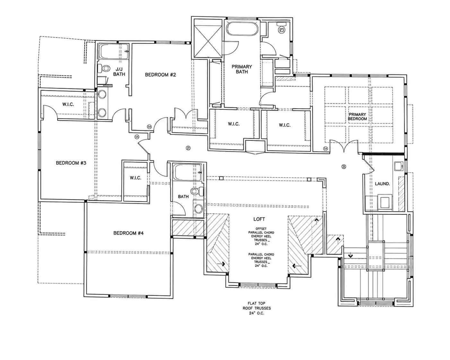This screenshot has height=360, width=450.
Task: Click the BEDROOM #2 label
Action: pyautogui.click(x=160, y=75)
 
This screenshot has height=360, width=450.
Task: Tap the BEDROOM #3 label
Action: pyautogui.click(x=71, y=163)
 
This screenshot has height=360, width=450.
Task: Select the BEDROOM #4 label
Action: pyautogui.click(x=128, y=233)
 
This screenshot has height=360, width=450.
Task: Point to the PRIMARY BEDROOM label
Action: pyautogui.click(x=357, y=117)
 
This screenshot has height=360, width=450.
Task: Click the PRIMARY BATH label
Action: pyautogui.click(x=242, y=69)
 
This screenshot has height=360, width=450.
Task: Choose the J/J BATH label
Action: pyautogui.click(x=119, y=72)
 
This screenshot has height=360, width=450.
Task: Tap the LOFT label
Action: pyautogui.click(x=259, y=219)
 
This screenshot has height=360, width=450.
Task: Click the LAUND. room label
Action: pyautogui.click(x=382, y=184)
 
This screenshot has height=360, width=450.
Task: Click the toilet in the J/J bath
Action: pyautogui.click(x=104, y=68)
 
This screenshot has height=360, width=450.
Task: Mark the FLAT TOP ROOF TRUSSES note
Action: pyautogui.click(x=256, y=308)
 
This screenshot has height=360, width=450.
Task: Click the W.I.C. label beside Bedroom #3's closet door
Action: pyautogui.click(x=68, y=104)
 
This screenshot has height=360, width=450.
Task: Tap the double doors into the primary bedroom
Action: pyautogui.click(x=343, y=146)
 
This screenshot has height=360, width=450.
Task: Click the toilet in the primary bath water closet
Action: pyautogui.click(x=281, y=29)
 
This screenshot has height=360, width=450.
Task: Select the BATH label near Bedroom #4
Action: pyautogui.click(x=183, y=196)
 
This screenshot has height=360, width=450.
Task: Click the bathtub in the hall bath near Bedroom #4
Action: pyautogui.click(x=187, y=173)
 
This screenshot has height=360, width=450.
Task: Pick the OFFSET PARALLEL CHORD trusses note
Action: pyautogui.click(x=261, y=236)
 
